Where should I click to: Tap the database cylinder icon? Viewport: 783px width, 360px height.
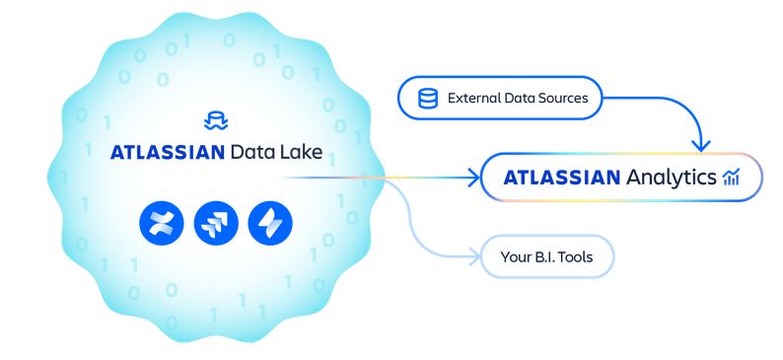coord(427,99)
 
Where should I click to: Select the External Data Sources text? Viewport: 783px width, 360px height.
coord(517,99)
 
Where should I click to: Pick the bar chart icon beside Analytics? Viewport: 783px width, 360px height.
coord(731,178)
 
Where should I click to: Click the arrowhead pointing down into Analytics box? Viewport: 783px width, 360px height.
coord(699,146)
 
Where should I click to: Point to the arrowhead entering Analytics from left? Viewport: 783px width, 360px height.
coord(470,178)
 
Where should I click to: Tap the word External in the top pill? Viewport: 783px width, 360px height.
coord(475,99)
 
